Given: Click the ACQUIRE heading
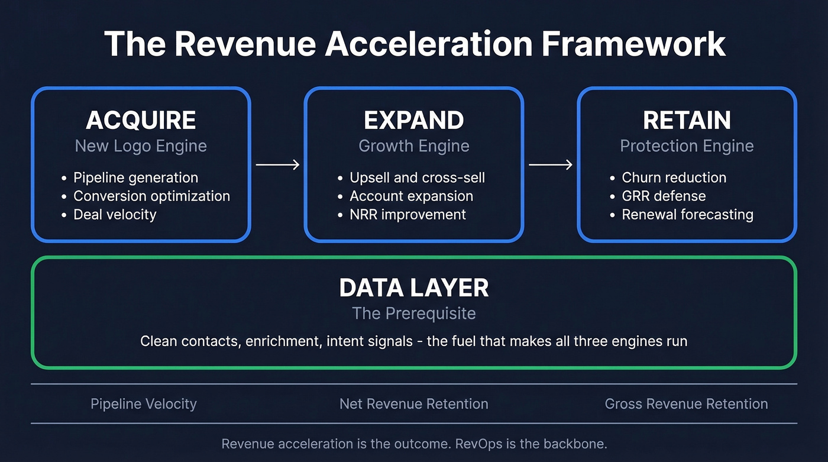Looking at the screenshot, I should tap(141, 121).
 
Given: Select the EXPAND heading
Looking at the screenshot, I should tap(414, 121).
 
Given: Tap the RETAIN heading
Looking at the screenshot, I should tap(687, 121).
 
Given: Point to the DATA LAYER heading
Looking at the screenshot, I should tap(414, 288).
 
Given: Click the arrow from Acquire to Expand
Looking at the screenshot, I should tap(277, 165).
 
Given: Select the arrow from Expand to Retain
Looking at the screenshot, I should tap(550, 165).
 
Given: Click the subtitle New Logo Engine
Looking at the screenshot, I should tap(141, 146).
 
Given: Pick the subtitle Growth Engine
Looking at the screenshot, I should tap(414, 146).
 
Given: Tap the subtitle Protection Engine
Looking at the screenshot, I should tap(687, 146).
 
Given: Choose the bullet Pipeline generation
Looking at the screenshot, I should tap(135, 177).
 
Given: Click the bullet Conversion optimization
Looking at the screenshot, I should tap(151, 196).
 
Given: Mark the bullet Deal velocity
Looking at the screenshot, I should tap(115, 214).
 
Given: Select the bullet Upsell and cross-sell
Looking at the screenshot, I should tap(417, 177).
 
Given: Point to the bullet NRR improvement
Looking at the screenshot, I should tap(407, 214).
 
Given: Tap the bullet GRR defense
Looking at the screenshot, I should tap(664, 196).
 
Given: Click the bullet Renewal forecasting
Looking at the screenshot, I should tap(687, 214).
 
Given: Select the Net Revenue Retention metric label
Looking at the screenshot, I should tap(414, 404).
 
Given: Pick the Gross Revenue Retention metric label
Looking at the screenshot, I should tap(686, 404).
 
